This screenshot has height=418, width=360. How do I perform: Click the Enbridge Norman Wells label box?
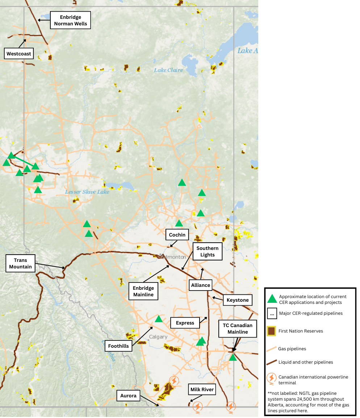pos(71,21)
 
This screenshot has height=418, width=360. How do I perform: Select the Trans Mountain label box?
pos(21,264)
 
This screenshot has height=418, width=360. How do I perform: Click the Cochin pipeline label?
pos(177,235)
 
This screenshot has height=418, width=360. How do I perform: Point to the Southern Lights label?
pos(208,251)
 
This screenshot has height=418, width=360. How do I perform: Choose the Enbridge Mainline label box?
pos(143,291)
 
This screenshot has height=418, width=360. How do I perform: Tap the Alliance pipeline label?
pos(201,285)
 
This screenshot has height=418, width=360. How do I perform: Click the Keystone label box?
pos(238,300)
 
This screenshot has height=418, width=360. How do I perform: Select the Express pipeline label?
pos(185,323)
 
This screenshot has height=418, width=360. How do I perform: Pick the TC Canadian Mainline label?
pos(238,329)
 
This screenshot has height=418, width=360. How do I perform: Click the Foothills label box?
pos(118,346)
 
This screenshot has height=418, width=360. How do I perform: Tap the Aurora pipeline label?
pos(129,396)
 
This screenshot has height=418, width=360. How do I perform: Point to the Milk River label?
pos(202,390)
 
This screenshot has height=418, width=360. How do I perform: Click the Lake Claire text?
pos(168,70)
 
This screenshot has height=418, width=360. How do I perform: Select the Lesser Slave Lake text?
pos(87,192)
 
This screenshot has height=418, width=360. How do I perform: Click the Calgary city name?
pos(158,337)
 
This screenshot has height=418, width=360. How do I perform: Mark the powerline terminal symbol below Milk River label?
pos(197,406)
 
